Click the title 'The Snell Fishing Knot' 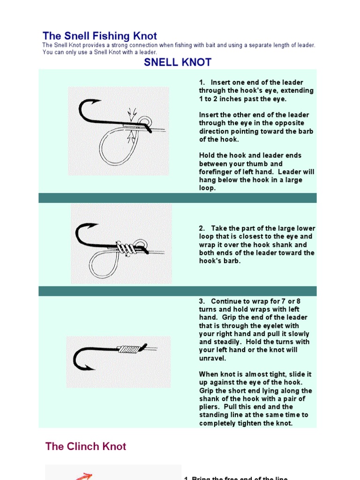pyautogui.click(x=99, y=36)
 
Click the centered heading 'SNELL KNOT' pyautogui.click(x=177, y=62)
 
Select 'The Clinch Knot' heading pyautogui.click(x=86, y=446)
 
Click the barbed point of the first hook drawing pyautogui.click(x=97, y=101)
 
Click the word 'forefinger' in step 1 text pyautogui.click(x=217, y=172)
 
